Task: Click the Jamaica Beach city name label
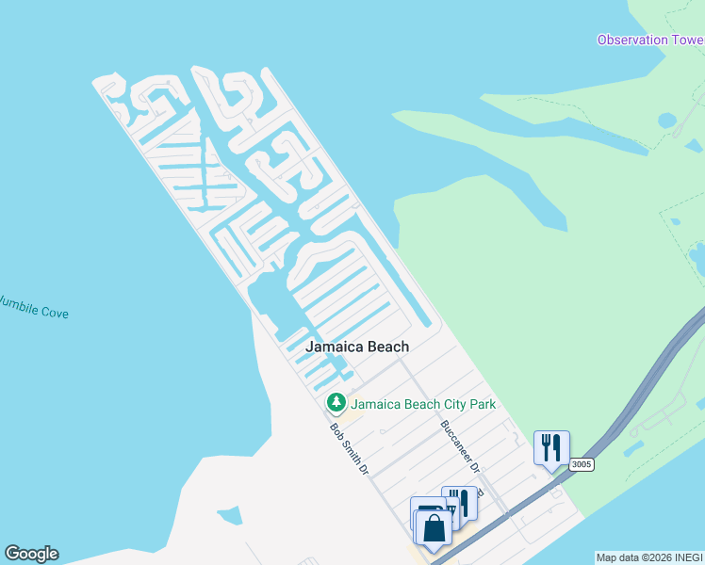[x=356, y=347]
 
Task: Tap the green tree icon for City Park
[x=336, y=403]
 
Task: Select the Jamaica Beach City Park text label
[x=422, y=404]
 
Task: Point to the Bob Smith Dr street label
[x=348, y=447]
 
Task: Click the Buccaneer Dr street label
[x=462, y=446]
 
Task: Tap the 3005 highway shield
[x=582, y=464]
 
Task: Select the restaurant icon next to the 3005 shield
[x=551, y=447]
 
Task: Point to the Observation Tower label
[x=650, y=40]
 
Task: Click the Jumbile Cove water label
[x=34, y=307]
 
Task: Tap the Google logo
[x=31, y=554]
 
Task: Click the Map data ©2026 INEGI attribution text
[x=649, y=557]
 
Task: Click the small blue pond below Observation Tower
[x=667, y=121]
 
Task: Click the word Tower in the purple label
[x=685, y=40]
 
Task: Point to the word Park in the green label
[x=480, y=404]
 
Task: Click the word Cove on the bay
[x=53, y=312]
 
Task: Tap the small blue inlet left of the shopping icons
[x=229, y=515]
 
